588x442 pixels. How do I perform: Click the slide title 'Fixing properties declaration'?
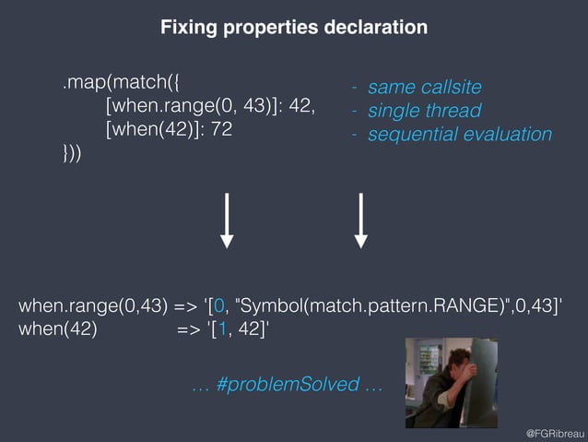pos(294,28)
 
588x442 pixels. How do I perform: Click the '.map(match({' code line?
pos(117,85)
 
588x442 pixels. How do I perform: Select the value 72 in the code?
pos(220,130)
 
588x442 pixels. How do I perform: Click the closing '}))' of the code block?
pos(72,153)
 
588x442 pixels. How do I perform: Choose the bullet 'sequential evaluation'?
pos(459,135)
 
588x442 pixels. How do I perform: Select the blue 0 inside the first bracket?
pos(218,305)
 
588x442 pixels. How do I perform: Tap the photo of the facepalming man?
pos(445,382)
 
